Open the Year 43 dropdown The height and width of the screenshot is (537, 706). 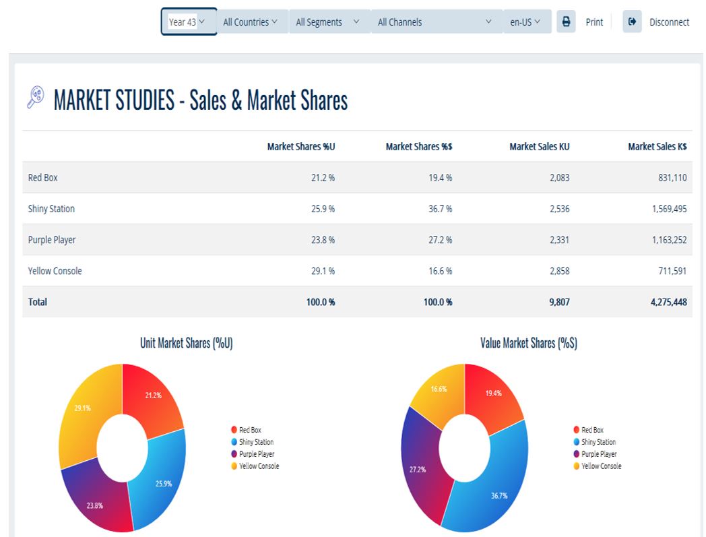pos(188,22)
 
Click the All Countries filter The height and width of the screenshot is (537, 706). pos(250,22)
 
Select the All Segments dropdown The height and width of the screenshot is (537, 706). pos(328,22)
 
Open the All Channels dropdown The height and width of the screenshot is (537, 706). pos(435,22)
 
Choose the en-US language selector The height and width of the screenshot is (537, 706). pos(526,22)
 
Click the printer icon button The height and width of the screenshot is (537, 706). pos(566,22)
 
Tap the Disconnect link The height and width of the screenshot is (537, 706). pos(668,22)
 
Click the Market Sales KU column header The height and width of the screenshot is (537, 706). pos(539,146)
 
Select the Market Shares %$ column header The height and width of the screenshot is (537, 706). pos(418,146)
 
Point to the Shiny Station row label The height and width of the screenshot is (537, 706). pos(51,209)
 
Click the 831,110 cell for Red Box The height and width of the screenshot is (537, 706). pos(670,178)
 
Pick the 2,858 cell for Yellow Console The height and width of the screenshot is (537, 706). pos(558,271)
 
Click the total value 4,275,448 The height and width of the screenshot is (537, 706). pos(668,302)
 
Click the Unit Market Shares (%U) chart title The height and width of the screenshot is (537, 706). pos(186,343)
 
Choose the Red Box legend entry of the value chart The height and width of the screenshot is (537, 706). pos(592,430)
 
